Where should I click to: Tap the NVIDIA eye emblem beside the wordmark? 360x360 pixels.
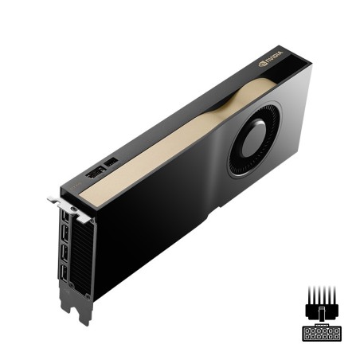(263, 61)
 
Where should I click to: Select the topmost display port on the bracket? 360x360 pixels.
(61, 221)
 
